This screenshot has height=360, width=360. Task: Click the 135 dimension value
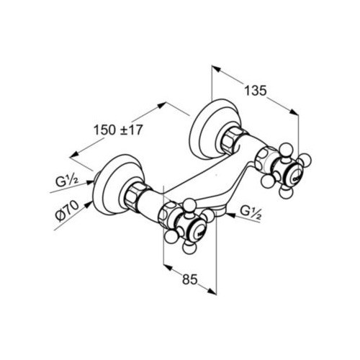pos(256,91)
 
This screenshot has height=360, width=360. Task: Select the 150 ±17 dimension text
pos(118,130)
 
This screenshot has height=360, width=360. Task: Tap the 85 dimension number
pos(189,279)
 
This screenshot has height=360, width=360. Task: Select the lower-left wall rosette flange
pos(117,184)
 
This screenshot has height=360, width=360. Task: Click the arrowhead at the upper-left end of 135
pos(215,68)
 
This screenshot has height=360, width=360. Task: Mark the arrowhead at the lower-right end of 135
pos(294,112)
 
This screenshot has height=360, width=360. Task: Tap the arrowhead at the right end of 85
pos(212,291)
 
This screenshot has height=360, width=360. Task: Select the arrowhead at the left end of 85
pos(168,267)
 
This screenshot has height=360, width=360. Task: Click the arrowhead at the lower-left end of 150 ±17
pos(74,155)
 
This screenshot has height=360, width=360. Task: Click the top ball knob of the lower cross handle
pos(190,204)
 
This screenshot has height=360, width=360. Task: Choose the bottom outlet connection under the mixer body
pos(220,211)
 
